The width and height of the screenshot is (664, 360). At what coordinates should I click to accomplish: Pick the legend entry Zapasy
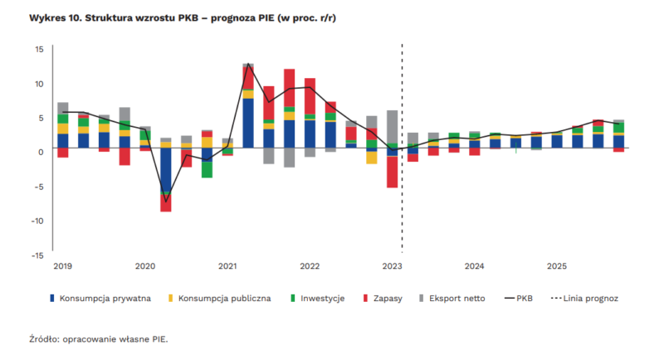click(x=383, y=299)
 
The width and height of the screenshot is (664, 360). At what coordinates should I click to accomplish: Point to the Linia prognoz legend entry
click(x=590, y=299)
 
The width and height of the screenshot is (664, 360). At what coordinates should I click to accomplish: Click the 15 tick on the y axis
click(x=39, y=49)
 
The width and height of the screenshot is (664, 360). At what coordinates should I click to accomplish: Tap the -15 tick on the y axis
click(x=37, y=255)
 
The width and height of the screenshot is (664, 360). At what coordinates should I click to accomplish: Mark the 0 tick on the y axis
click(x=41, y=152)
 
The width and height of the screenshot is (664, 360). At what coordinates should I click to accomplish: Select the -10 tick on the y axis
click(x=37, y=221)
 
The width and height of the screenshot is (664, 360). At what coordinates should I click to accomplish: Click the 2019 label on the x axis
click(x=63, y=266)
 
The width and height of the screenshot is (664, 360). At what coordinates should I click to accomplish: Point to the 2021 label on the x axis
click(x=227, y=266)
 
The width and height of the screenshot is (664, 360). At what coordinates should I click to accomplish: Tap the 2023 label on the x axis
click(x=393, y=266)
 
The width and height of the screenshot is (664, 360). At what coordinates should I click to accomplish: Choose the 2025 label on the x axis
click(x=556, y=266)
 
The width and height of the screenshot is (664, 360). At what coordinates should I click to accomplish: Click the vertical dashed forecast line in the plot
click(x=403, y=207)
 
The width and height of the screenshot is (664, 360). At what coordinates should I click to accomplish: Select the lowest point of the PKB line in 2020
click(x=166, y=202)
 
